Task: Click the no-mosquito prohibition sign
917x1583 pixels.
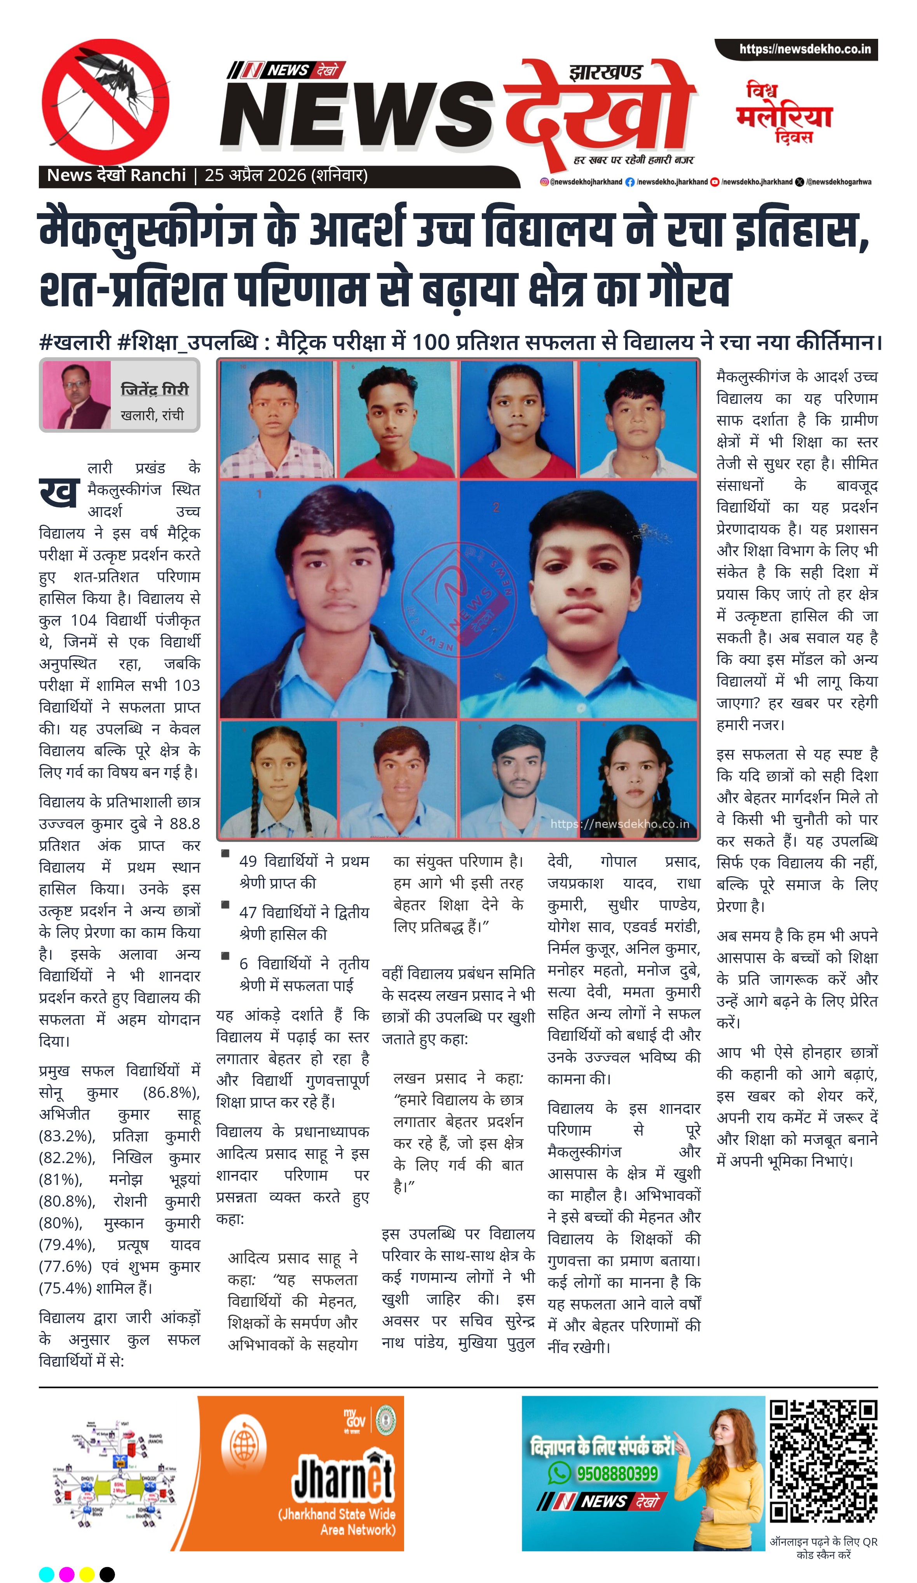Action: point(105,102)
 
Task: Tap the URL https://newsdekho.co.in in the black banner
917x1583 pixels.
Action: point(804,49)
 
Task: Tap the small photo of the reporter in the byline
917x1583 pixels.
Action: point(77,395)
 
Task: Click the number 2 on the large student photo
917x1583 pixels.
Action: point(496,506)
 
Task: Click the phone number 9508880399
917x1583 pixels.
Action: point(617,1473)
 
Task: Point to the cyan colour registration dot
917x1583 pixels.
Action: point(47,1574)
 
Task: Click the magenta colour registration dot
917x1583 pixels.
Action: point(66,1574)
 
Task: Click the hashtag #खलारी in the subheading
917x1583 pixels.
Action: point(75,343)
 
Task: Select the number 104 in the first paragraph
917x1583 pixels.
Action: point(83,620)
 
